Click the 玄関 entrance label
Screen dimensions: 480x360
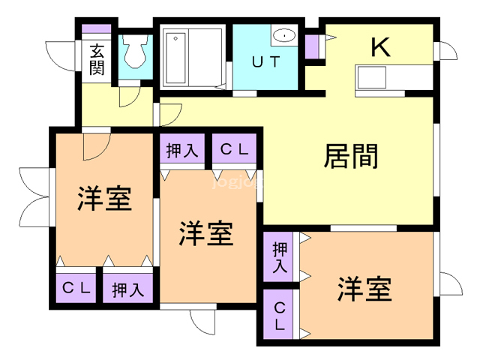pyautogui.click(x=97, y=59)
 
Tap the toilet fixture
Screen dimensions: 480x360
pyautogui.click(x=135, y=51)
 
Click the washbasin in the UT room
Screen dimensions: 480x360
pyautogui.click(x=284, y=35)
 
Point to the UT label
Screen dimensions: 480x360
pyautogui.click(x=266, y=61)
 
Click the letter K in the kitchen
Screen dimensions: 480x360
pyautogui.click(x=380, y=46)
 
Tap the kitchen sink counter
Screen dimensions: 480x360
pyautogui.click(x=394, y=78)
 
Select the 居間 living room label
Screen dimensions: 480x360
pyautogui.click(x=351, y=156)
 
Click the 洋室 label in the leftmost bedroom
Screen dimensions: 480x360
pyautogui.click(x=105, y=198)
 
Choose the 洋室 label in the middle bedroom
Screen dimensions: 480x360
pyautogui.click(x=206, y=233)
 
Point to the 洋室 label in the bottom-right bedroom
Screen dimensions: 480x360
pyautogui.click(x=364, y=289)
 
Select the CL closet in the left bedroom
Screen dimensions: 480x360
pyautogui.click(x=76, y=288)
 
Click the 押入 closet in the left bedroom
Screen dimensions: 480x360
pyautogui.click(x=127, y=288)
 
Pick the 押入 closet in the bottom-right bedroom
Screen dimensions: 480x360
pyautogui.click(x=278, y=256)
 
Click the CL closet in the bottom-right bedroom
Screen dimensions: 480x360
pyautogui.click(x=278, y=314)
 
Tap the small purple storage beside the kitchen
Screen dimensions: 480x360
pyautogui.click(x=312, y=46)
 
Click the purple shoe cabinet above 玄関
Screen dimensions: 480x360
pyautogui.click(x=97, y=28)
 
